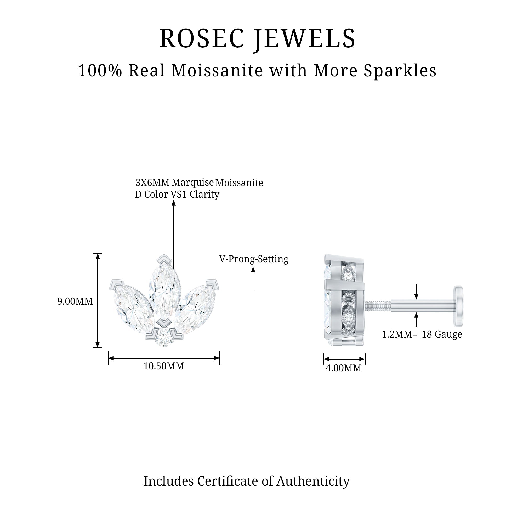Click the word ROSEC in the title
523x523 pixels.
coord(202,39)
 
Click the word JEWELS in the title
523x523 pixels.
coord(305,39)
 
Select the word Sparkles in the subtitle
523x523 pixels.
coord(400,71)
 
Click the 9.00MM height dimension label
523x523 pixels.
coord(75,301)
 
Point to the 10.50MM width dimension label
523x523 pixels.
coord(163,366)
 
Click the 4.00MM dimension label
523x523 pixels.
coord(343,368)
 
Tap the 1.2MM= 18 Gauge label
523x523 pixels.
coord(422,334)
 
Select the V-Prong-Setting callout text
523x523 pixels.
coord(254,259)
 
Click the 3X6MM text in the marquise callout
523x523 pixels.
coord(152,183)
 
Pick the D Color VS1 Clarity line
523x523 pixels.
coord(177,194)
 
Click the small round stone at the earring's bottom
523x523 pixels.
coord(164,338)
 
